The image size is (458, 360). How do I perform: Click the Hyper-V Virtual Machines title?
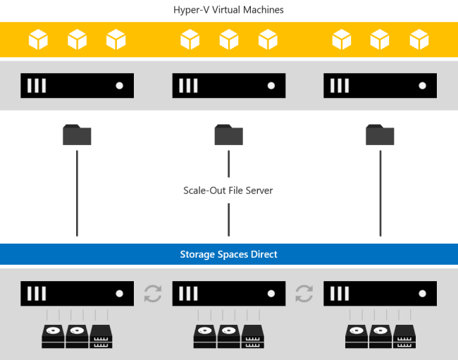[228, 10]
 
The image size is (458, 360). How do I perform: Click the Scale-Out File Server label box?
[228, 190]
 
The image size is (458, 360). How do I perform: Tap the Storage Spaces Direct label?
[228, 254]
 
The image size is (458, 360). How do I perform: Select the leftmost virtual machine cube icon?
[38, 39]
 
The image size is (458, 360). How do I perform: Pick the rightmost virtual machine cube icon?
[419, 39]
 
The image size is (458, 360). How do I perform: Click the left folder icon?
[77, 135]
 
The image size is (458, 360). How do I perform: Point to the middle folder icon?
[228, 135]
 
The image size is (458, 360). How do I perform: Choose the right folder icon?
[380, 135]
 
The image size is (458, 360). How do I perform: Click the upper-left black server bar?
[77, 85]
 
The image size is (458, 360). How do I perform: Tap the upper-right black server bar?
[380, 85]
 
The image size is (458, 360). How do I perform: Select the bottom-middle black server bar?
[228, 293]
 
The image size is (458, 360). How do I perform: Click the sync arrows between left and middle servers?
[153, 293]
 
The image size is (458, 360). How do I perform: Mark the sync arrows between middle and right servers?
[304, 293]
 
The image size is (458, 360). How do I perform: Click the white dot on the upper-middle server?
[271, 85]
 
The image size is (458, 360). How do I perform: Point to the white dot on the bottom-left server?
[119, 293]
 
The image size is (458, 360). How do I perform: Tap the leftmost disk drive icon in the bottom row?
[53, 336]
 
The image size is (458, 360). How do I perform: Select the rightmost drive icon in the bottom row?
[404, 336]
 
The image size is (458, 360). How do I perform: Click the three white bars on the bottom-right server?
[340, 293]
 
